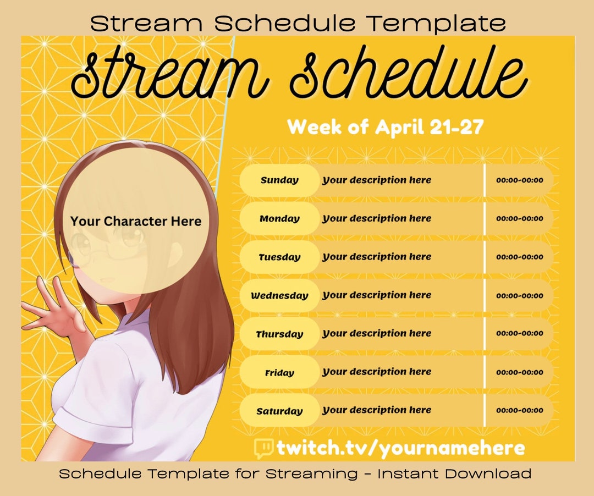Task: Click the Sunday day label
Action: (x=279, y=180)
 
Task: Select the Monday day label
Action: (x=279, y=219)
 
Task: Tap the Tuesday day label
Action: (x=279, y=257)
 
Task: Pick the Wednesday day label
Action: (x=279, y=296)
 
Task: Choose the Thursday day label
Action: (x=279, y=334)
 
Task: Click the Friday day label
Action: (x=279, y=373)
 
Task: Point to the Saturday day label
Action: (x=279, y=411)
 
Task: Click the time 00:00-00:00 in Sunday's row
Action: (x=519, y=180)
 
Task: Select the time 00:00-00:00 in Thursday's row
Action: (x=519, y=334)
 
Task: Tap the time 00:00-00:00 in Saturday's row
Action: (x=519, y=411)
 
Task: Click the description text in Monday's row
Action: (x=377, y=219)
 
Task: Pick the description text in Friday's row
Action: (x=377, y=372)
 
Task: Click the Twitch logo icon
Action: (x=263, y=448)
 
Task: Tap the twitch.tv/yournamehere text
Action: (x=400, y=448)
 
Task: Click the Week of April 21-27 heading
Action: (x=385, y=128)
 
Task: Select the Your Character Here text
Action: (x=136, y=222)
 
